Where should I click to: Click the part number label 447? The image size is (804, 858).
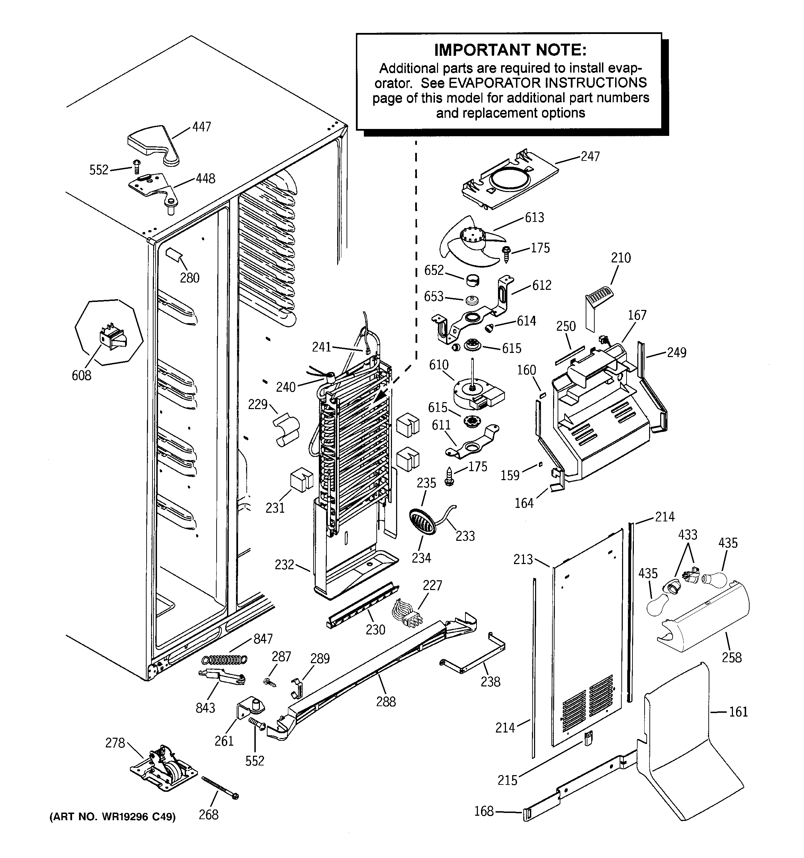[202, 127]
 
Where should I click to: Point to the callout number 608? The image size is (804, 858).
[81, 375]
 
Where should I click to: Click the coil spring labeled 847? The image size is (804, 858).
[225, 660]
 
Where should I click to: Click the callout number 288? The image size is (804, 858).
[385, 702]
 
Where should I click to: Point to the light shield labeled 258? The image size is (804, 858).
[703, 622]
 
